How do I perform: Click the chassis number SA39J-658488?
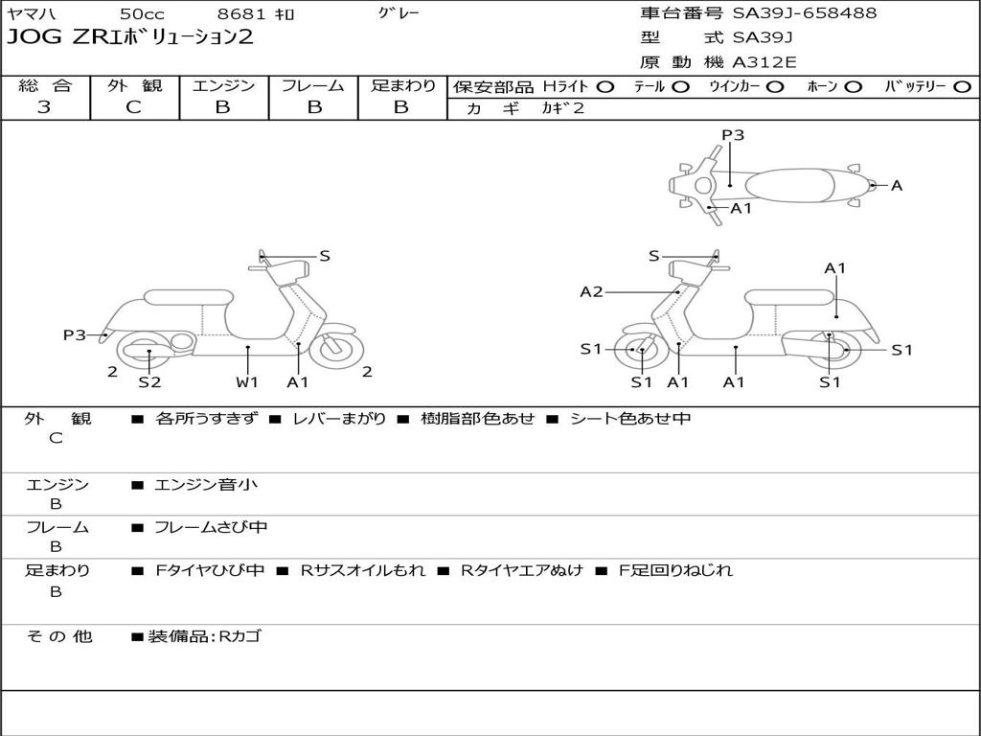pyautogui.click(x=805, y=13)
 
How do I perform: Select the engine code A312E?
pyautogui.click(x=764, y=63)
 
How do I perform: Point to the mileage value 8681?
pyautogui.click(x=242, y=13)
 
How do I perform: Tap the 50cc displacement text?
pyautogui.click(x=142, y=13)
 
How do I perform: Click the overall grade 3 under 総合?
pyautogui.click(x=44, y=107)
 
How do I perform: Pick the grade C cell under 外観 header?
pyautogui.click(x=134, y=107)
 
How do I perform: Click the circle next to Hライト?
pyautogui.click(x=605, y=86)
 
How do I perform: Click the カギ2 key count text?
pyautogui.click(x=563, y=108)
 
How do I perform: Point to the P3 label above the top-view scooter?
pyautogui.click(x=733, y=135)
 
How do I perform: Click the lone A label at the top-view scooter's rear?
pyautogui.click(x=897, y=186)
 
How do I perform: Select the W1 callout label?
pyautogui.click(x=247, y=382)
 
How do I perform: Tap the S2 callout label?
pyautogui.click(x=149, y=382)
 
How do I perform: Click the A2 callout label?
pyautogui.click(x=592, y=291)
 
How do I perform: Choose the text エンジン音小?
pyautogui.click(x=206, y=485)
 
